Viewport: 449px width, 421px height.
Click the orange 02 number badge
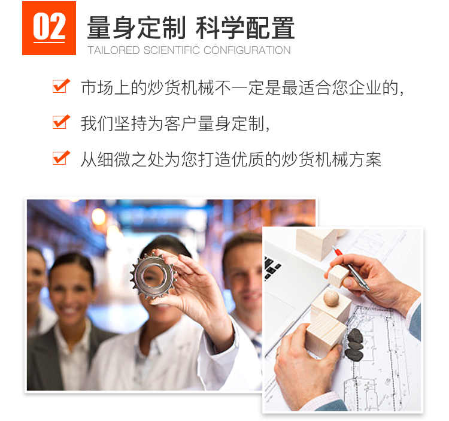pyautogui.click(x=49, y=28)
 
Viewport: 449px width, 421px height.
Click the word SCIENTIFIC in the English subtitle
pyautogui.click(x=172, y=50)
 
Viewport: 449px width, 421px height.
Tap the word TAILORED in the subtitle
pyautogui.click(x=114, y=50)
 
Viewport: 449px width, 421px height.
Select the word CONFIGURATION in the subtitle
pyautogui.click(x=247, y=50)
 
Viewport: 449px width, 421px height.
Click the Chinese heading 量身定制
pyautogui.click(x=136, y=28)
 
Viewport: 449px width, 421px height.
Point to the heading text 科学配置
pyautogui.click(x=245, y=28)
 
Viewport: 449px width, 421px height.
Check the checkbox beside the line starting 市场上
pyautogui.click(x=61, y=86)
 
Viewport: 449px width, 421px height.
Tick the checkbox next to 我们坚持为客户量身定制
pyautogui.click(x=61, y=122)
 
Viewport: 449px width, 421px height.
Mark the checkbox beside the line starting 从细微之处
pyautogui.click(x=61, y=158)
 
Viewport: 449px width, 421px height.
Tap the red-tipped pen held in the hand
pyautogui.click(x=350, y=268)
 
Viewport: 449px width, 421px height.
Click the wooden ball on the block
pyautogui.click(x=331, y=298)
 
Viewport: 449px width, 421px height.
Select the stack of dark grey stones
pyautogui.click(x=354, y=344)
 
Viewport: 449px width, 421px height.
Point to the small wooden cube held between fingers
pyautogui.click(x=338, y=276)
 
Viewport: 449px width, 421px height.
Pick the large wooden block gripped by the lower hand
pyautogui.click(x=325, y=334)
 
